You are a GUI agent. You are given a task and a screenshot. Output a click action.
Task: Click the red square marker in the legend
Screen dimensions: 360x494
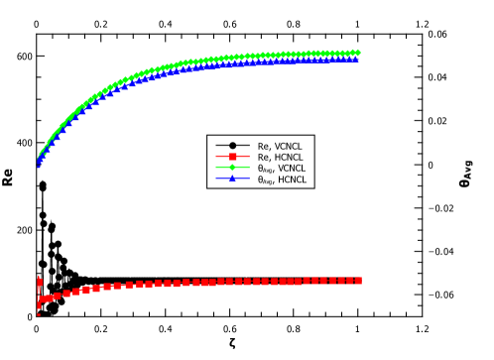click(233, 156)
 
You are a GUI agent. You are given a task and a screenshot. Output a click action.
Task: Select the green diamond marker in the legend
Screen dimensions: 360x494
click(233, 168)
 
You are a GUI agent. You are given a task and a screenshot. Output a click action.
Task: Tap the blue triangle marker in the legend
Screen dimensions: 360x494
click(233, 179)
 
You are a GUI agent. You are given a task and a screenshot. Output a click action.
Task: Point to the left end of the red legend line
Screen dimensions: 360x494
click(216, 156)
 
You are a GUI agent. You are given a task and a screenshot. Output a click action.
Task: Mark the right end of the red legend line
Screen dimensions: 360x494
click(249, 156)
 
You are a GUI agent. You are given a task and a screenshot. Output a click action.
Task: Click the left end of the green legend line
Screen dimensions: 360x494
click(216, 168)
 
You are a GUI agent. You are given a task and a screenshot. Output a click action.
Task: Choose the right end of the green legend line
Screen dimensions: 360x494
click(249, 168)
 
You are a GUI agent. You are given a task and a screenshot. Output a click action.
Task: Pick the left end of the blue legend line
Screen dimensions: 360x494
click(216, 180)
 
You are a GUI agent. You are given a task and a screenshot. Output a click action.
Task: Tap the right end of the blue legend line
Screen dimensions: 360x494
click(249, 180)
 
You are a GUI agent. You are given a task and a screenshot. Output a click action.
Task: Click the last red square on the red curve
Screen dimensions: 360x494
click(358, 281)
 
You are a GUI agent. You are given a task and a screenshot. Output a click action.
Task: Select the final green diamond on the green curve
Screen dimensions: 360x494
click(357, 53)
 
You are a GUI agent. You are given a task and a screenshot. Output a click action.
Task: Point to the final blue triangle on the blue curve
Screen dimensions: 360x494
click(356, 60)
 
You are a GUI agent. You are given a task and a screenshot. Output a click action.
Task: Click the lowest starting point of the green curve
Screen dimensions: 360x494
click(39, 159)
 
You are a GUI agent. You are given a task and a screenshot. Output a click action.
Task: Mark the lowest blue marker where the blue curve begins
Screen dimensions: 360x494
click(39, 164)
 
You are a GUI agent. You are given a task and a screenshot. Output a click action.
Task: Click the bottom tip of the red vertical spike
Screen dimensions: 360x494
click(39, 315)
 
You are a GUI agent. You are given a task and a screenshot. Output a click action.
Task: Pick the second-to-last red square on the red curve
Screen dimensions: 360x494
click(349, 281)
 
